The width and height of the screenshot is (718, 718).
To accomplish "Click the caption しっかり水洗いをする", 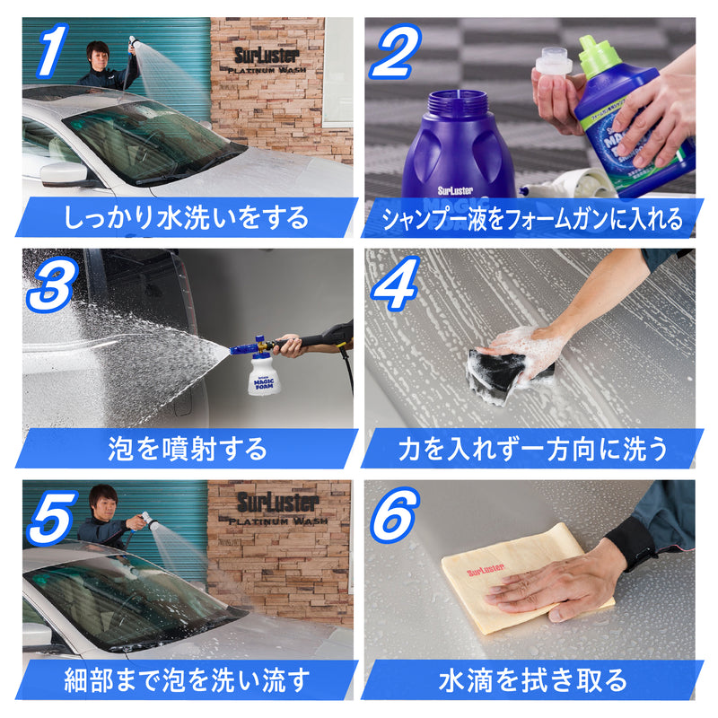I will click(x=187, y=218).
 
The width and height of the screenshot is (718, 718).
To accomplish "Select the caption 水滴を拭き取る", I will click(x=532, y=679).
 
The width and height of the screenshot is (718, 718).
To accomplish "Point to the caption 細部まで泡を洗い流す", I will click(x=187, y=679).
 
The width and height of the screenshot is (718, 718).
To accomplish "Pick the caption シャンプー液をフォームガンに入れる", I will click(x=532, y=218).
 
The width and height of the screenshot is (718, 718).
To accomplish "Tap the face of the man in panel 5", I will click(x=106, y=503).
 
